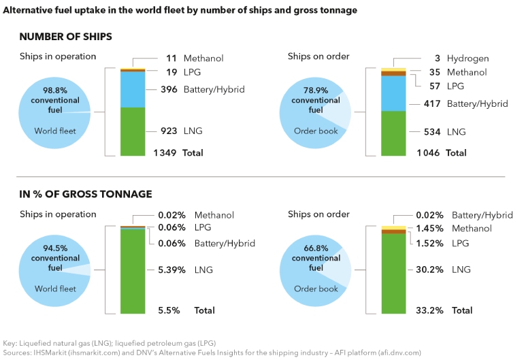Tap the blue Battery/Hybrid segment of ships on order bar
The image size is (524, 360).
click(393, 93)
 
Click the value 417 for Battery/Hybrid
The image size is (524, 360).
click(429, 103)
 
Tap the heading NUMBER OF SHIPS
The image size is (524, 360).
click(66, 37)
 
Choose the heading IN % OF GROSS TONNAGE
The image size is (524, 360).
click(86, 195)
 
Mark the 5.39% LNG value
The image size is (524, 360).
click(168, 270)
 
